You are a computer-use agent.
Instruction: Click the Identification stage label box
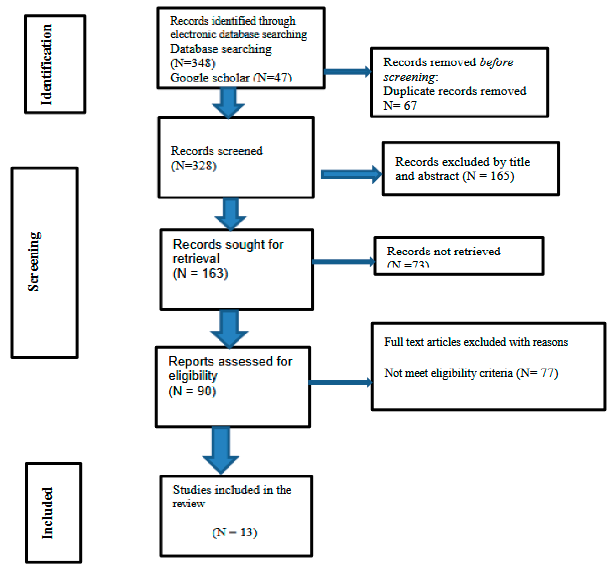pyautogui.click(x=55, y=64)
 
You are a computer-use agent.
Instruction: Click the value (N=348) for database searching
pyautogui.click(x=192, y=63)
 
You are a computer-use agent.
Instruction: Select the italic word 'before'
pyautogui.click(x=496, y=62)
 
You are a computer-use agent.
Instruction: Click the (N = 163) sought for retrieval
pyautogui.click(x=200, y=273)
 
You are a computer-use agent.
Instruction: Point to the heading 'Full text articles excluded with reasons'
pyautogui.click(x=476, y=342)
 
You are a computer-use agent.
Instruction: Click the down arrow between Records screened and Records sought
pyautogui.click(x=230, y=214)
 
